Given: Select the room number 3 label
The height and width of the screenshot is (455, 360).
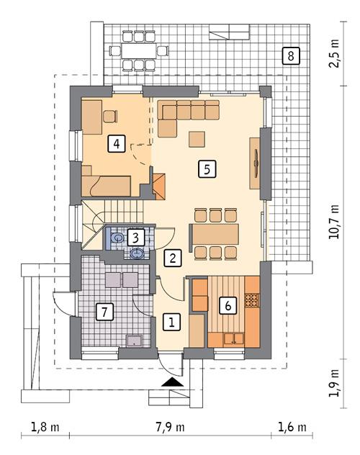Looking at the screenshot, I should click(135, 235).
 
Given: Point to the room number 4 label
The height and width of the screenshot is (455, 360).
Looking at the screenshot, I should click(116, 143).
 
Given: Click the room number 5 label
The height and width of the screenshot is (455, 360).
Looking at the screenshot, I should click(206, 170).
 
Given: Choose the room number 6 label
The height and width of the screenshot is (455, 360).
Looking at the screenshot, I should click(228, 305).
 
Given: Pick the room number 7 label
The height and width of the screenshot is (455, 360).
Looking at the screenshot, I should click(105, 312).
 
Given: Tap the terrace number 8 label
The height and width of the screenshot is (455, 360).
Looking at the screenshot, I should click(289, 55).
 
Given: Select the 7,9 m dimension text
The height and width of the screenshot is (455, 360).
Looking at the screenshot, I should click(171, 426).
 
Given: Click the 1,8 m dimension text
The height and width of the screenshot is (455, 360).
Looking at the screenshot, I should click(45, 426).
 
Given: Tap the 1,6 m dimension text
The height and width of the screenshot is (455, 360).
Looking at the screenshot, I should click(293, 426).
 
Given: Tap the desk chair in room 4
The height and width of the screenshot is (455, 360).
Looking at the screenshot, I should click(110, 115).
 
